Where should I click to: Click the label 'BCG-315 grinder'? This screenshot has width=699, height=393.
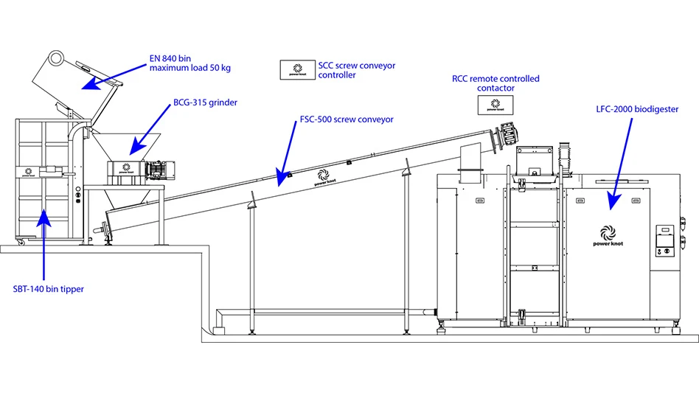point(205,103)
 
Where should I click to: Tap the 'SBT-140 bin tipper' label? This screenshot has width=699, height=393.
point(48,289)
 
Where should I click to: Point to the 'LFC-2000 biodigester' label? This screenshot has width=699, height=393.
point(637,109)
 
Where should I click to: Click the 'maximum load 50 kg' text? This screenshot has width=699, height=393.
point(189,68)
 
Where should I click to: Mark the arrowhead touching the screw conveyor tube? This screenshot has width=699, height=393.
point(281,178)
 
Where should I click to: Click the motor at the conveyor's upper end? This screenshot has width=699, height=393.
point(510,133)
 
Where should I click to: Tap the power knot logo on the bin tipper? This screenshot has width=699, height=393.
point(27,170)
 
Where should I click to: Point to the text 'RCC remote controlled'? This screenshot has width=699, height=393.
point(495,78)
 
